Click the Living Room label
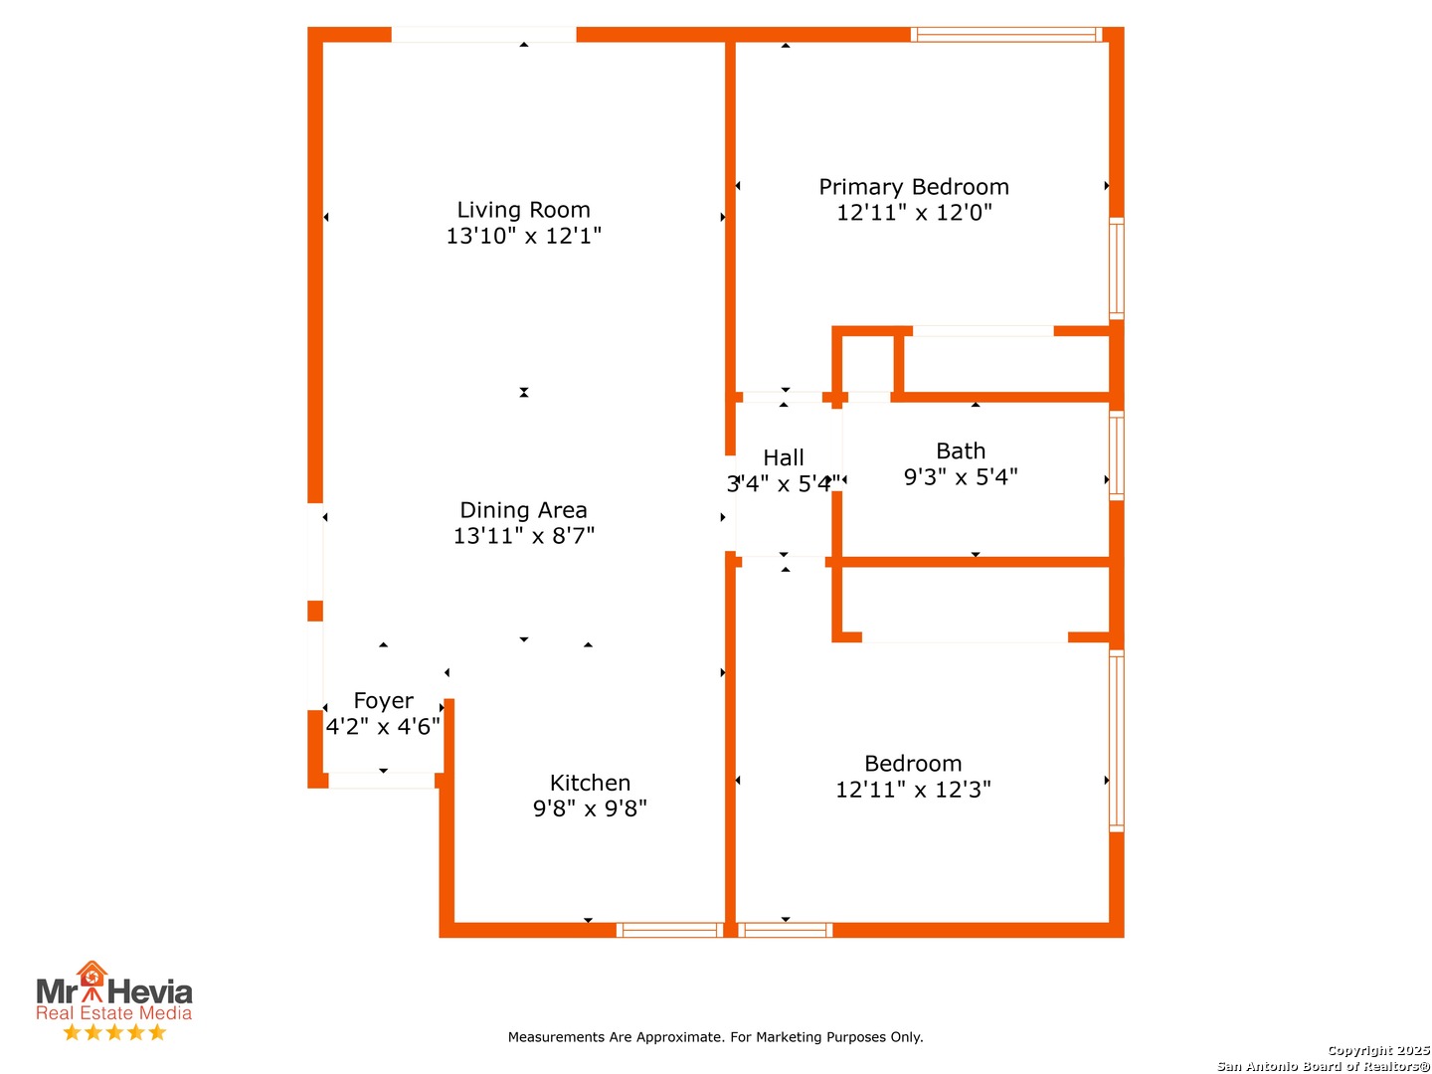(x=523, y=209)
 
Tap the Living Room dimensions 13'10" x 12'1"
(x=523, y=236)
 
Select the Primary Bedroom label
(x=913, y=187)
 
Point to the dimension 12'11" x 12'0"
(x=913, y=213)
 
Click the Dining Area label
(x=523, y=510)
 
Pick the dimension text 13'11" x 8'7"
(x=523, y=536)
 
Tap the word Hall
(x=783, y=457)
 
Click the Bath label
(x=961, y=451)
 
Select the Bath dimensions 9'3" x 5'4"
(x=961, y=477)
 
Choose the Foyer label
(x=383, y=701)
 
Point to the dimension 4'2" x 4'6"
(x=383, y=726)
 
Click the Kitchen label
(x=590, y=783)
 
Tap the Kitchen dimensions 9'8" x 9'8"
(x=590, y=808)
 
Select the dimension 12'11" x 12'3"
(x=913, y=790)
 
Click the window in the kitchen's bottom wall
(x=669, y=930)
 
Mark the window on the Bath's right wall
(x=1116, y=455)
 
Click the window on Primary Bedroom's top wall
(x=1006, y=35)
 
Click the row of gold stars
(x=114, y=1032)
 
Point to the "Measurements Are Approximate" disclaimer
(x=715, y=1037)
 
